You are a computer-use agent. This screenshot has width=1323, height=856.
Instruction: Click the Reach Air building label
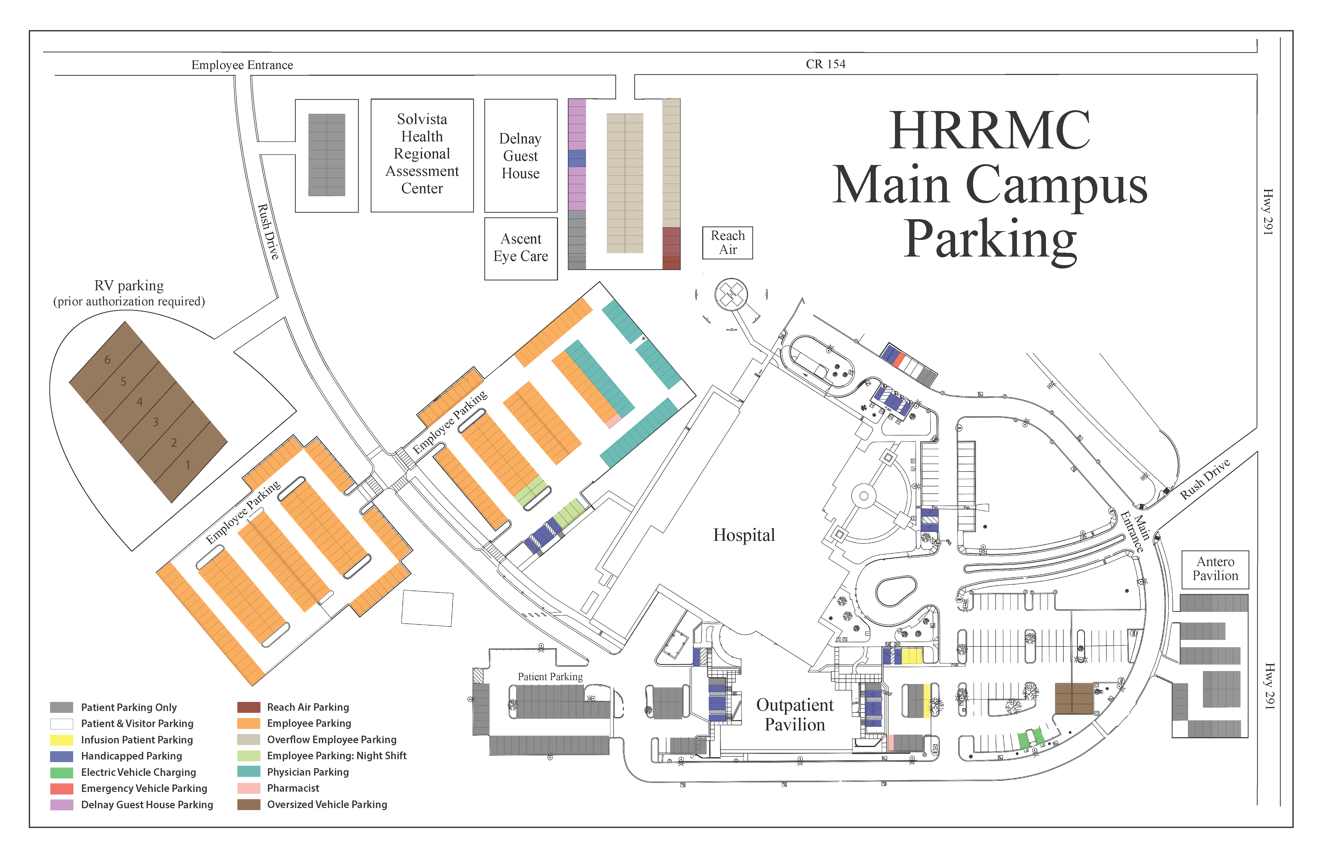click(x=728, y=243)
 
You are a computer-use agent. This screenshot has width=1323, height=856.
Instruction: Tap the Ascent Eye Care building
click(x=521, y=248)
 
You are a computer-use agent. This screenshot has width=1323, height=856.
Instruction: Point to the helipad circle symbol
click(x=731, y=295)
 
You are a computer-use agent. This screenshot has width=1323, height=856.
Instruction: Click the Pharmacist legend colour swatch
click(x=249, y=788)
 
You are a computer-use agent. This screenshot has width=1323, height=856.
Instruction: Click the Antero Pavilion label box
click(x=1215, y=570)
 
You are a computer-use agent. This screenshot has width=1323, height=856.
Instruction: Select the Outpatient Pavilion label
click(x=795, y=715)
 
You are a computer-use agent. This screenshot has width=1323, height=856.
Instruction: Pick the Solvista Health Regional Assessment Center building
click(x=423, y=156)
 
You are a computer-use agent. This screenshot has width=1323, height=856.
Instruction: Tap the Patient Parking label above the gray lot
click(x=550, y=676)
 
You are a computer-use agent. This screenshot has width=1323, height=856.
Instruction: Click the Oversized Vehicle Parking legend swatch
click(x=249, y=804)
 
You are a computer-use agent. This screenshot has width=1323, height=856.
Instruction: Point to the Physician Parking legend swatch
click(x=249, y=772)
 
